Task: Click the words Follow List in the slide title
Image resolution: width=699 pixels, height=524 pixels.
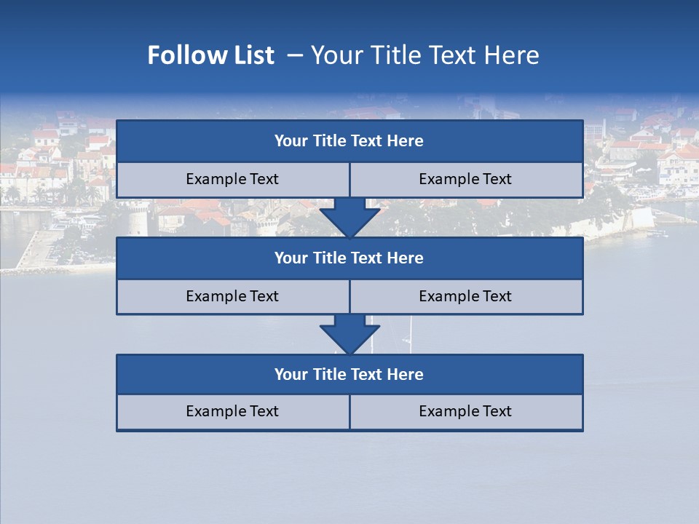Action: pos(210,55)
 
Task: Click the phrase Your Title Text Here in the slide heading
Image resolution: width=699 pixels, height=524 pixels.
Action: pos(424,55)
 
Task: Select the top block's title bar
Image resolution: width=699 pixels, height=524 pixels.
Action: pos(349,141)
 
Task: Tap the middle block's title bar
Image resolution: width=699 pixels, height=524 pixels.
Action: pos(349,258)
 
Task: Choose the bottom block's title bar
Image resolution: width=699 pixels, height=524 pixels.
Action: pos(349,374)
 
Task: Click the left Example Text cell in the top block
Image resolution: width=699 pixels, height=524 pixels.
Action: pos(232,179)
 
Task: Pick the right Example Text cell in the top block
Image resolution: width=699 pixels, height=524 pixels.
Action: pos(465,179)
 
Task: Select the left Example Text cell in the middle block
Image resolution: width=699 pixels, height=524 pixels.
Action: pos(232,296)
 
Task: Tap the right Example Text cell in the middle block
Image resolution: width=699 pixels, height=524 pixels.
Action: pos(465,296)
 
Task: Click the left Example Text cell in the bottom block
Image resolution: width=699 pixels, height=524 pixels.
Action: pos(232,411)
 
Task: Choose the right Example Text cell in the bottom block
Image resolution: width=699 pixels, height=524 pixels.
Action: pos(465,411)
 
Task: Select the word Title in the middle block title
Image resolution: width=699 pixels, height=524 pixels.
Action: pos(328,258)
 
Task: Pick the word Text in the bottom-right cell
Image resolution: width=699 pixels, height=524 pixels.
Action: pos(497,411)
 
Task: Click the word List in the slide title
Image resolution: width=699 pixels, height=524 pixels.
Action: pos(251,55)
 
